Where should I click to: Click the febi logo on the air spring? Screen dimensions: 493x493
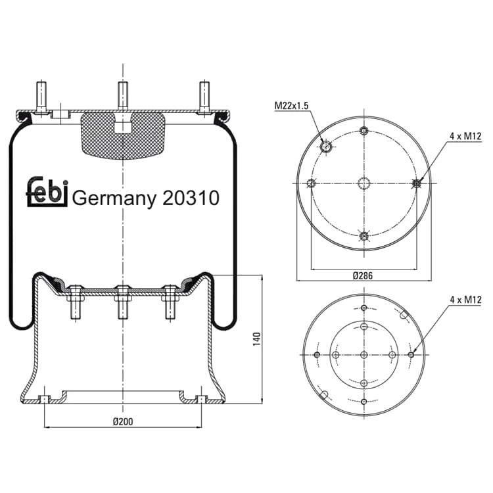[47, 191]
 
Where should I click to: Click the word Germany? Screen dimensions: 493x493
[114, 199]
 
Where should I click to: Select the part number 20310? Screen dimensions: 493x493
[191, 198]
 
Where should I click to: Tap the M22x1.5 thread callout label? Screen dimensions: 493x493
[291, 106]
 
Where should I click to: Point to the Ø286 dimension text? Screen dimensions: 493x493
[362, 275]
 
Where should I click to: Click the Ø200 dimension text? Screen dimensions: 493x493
[123, 421]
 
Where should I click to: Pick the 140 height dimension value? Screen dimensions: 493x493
[257, 339]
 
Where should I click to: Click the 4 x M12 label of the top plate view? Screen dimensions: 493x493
[465, 137]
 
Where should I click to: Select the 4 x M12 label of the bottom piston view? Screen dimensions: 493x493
[465, 300]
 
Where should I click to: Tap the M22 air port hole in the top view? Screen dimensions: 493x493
[326, 147]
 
